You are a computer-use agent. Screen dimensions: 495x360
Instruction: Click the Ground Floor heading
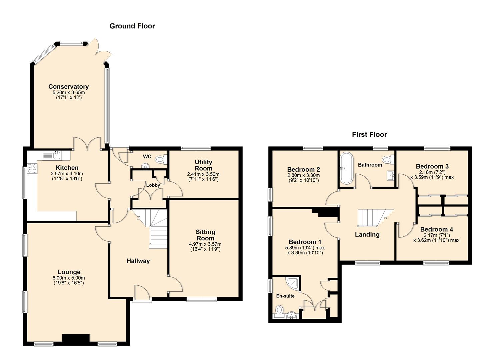coord(132,26)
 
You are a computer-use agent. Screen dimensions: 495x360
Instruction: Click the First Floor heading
coord(369,134)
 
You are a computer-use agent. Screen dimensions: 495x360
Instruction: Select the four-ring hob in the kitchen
coord(32,168)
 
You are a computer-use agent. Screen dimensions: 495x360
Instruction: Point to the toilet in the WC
coord(161,159)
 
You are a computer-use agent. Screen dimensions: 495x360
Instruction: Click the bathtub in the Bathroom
coord(346,168)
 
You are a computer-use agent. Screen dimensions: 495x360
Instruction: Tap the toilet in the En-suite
coord(279,312)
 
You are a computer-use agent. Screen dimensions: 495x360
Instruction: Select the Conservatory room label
coord(69,86)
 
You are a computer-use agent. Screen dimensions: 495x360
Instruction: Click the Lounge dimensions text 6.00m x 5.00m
coord(69,278)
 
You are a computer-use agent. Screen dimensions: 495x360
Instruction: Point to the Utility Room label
coord(203,165)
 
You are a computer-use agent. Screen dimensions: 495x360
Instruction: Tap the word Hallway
coord(138,261)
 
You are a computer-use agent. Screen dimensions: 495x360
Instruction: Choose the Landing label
coord(367,234)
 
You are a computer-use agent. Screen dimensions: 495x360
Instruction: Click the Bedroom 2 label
coord(304,170)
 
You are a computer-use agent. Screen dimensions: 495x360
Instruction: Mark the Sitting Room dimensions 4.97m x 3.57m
coord(205,244)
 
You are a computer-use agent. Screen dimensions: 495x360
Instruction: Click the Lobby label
coord(153,185)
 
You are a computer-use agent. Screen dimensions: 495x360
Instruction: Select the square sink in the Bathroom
coord(391,176)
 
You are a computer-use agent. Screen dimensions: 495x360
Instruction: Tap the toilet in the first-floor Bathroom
coord(388,159)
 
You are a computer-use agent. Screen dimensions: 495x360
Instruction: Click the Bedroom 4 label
coord(436,229)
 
